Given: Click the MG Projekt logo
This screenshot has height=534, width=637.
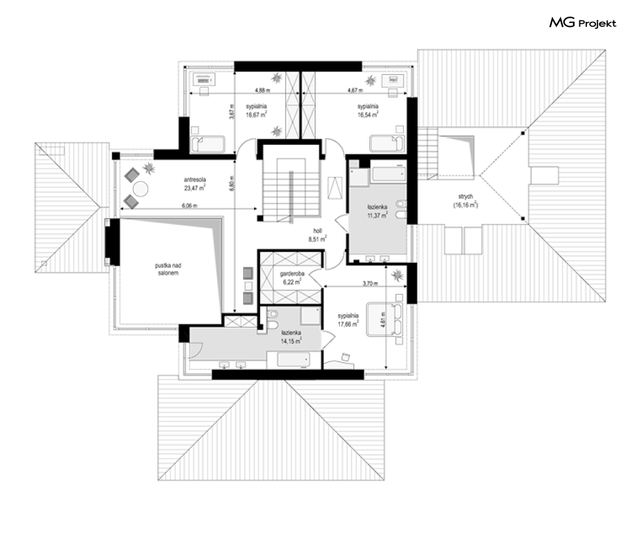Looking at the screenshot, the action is click(583, 23).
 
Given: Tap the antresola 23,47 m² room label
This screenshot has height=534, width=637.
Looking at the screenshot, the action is click(195, 184).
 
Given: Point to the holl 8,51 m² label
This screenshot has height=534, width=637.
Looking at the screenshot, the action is click(318, 235).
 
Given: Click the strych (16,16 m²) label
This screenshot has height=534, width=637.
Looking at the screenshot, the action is click(465, 201).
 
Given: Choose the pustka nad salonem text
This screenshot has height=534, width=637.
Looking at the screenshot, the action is click(168, 269).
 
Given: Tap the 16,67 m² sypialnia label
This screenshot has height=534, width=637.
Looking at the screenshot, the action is click(256, 110).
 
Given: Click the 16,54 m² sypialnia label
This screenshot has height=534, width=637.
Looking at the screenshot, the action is click(368, 110).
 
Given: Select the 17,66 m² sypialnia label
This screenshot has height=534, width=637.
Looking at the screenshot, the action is click(348, 320).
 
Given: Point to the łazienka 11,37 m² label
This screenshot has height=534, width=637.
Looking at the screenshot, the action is click(377, 212).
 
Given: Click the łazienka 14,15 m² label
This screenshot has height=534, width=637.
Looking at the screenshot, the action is click(291, 337).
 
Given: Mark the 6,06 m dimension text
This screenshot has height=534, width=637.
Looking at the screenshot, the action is click(189, 206).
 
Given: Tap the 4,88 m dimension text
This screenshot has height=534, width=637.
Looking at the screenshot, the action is click(262, 90).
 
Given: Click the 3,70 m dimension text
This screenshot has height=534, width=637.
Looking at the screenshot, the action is click(370, 283).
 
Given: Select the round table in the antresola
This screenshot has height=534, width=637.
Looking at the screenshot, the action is click(141, 188).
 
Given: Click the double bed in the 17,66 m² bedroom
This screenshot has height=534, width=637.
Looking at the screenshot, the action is click(384, 319).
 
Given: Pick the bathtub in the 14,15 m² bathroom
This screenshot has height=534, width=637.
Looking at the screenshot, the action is click(293, 360).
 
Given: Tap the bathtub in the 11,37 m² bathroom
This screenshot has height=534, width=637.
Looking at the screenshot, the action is click(388, 174).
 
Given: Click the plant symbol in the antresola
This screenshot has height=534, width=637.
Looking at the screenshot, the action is click(149, 167).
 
